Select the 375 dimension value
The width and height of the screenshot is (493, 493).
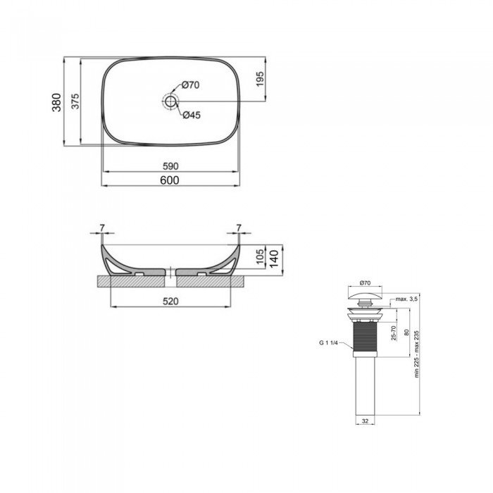click(74, 103)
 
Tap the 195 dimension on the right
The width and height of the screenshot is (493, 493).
click(260, 79)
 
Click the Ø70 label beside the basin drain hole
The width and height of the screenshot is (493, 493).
click(191, 85)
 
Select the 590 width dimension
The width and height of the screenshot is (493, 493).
click(171, 166)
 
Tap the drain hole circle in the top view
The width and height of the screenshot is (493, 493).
click(170, 101)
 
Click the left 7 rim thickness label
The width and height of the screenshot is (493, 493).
click(102, 227)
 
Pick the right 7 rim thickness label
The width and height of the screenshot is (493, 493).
click(239, 227)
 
